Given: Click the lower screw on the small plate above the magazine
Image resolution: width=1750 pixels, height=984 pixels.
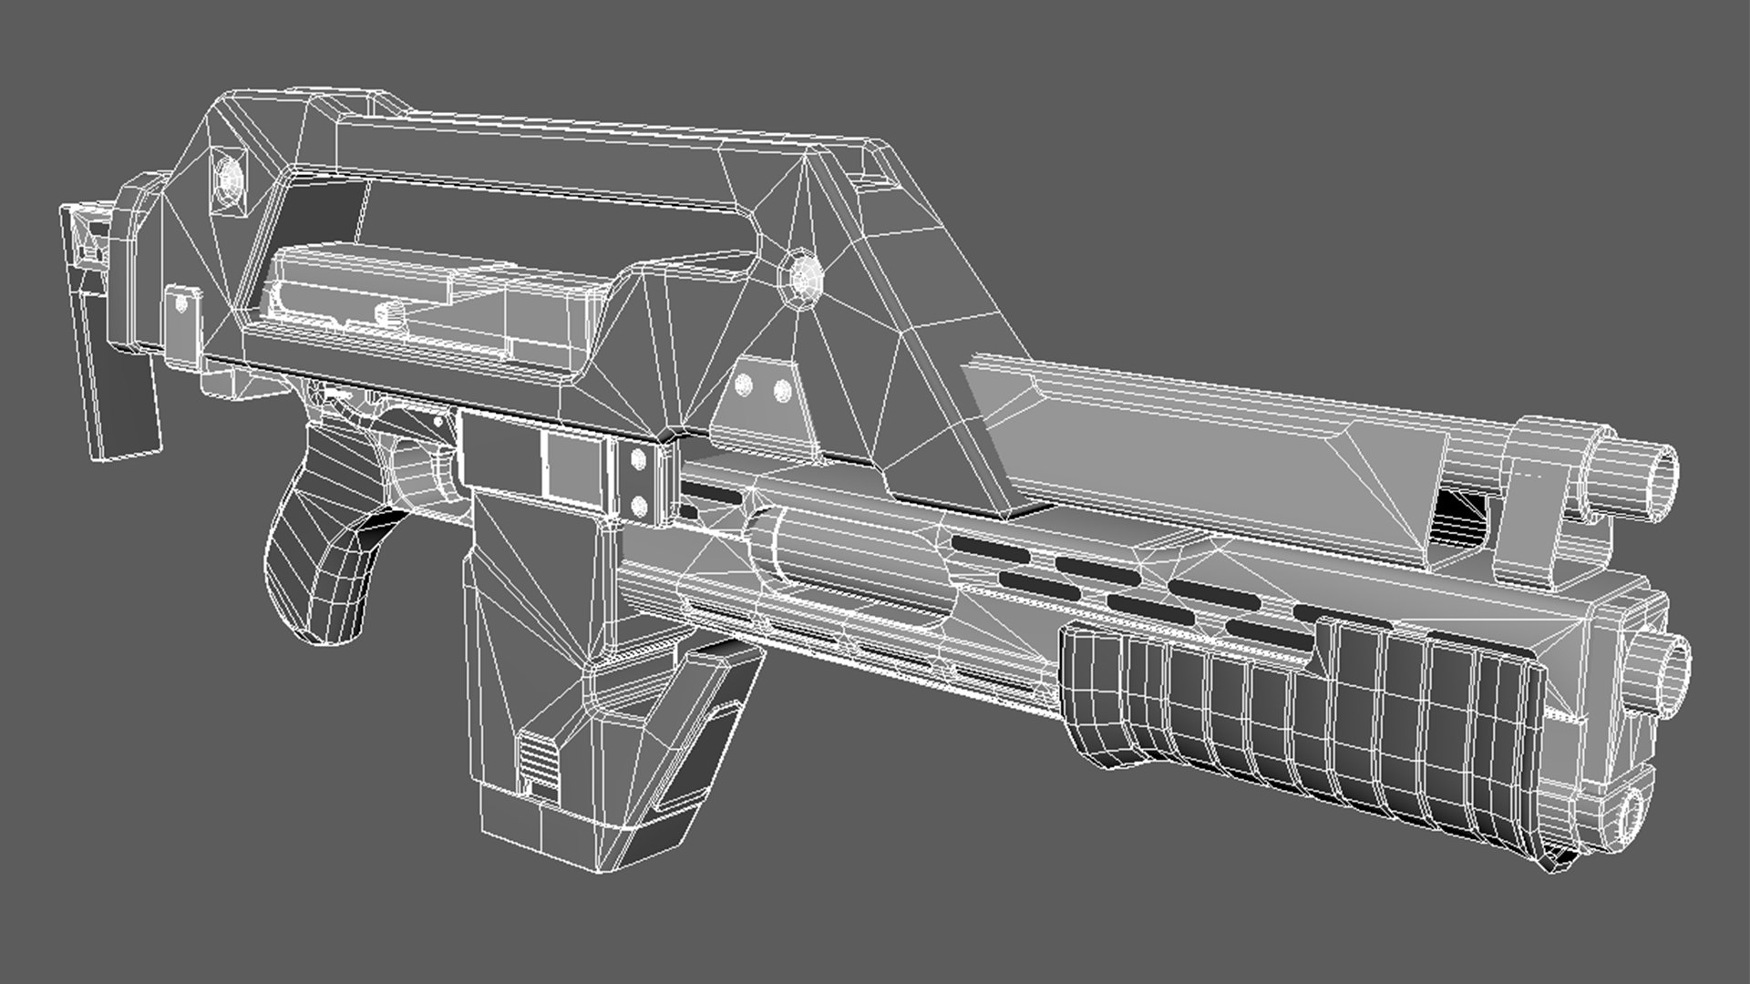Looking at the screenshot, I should pyautogui.click(x=640, y=504).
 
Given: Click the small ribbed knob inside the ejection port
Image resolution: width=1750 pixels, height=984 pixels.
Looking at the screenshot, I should pyautogui.click(x=390, y=313).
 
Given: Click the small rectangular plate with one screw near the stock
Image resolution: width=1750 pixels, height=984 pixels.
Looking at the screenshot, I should pyautogui.click(x=183, y=328).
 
